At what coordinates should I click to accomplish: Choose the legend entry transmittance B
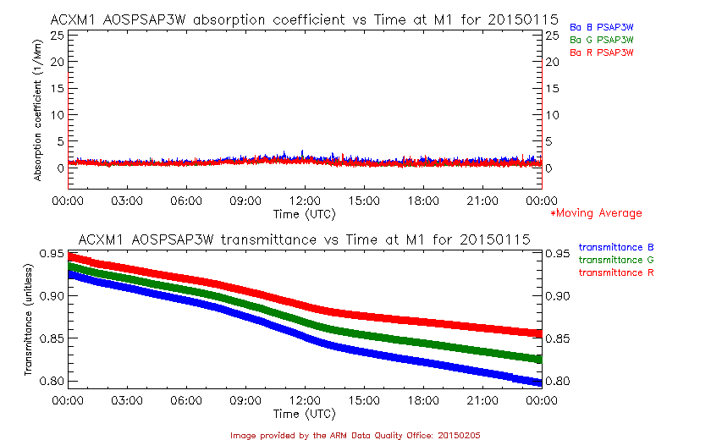pyautogui.click(x=616, y=247)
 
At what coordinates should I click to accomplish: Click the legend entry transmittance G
pyautogui.click(x=616, y=260)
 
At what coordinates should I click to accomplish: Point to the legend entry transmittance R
pyautogui.click(x=616, y=272)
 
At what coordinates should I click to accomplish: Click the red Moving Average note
pyautogui.click(x=596, y=213)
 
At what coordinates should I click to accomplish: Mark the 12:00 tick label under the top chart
pyautogui.click(x=304, y=201)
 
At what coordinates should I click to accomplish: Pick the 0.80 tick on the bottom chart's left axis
pyautogui.click(x=50, y=381)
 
